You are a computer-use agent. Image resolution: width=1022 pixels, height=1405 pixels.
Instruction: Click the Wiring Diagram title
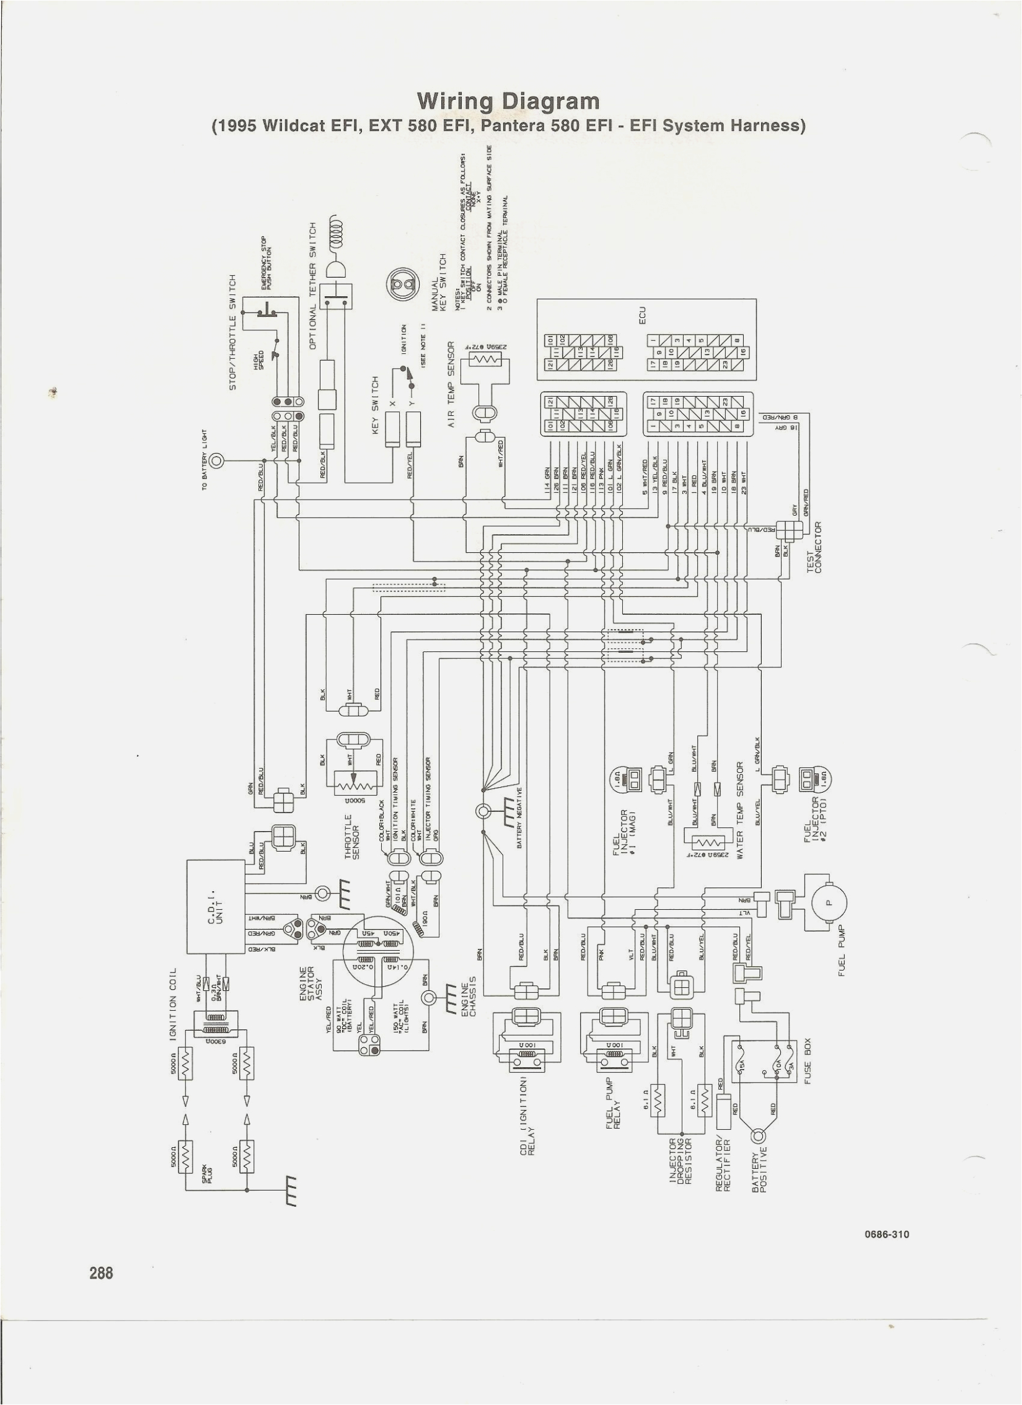[x=508, y=101]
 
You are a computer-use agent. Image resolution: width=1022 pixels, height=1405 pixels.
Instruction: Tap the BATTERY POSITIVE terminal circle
[x=758, y=1135]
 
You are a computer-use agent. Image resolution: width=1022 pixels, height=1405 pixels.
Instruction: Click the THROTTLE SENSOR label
[x=353, y=837]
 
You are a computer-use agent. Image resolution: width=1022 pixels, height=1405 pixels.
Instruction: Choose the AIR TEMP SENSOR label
[x=452, y=384]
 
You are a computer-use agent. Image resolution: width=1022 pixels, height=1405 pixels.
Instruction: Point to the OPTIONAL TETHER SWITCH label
[x=313, y=285]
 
